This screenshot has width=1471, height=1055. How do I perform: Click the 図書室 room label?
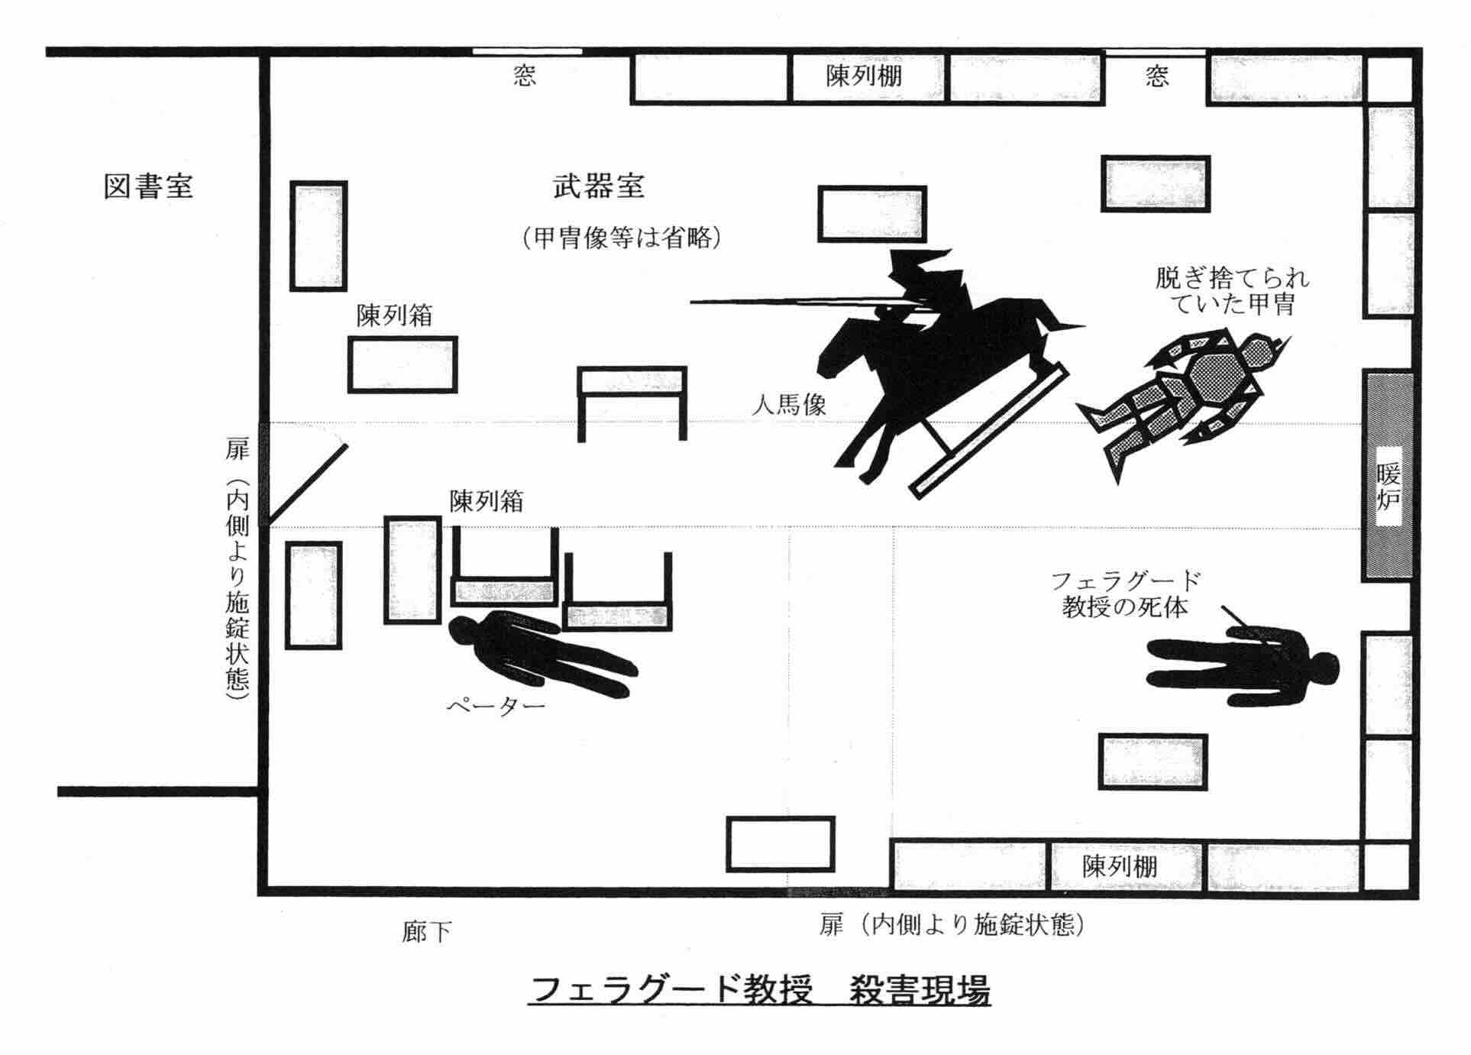tap(148, 186)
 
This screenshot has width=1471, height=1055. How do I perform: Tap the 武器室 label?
tap(599, 186)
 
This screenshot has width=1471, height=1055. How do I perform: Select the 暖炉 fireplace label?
tap(1388, 486)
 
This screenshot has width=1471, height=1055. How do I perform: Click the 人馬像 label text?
tap(789, 404)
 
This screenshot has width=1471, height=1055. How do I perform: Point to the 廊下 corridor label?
tap(426, 931)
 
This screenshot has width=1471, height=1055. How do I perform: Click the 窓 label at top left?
tap(524, 76)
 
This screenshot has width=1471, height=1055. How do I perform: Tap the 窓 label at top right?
tap(1156, 76)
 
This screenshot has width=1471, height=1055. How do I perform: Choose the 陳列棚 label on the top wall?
tap(864, 76)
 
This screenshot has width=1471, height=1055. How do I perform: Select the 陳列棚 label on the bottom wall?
tap(1120, 866)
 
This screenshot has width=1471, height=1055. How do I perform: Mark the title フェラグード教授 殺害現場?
tap(760, 991)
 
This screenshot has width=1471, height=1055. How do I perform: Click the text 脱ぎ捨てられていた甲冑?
tap(1232, 291)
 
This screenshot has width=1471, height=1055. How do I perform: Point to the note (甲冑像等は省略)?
tap(622, 238)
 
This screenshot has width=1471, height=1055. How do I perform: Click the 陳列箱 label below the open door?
tap(487, 501)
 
